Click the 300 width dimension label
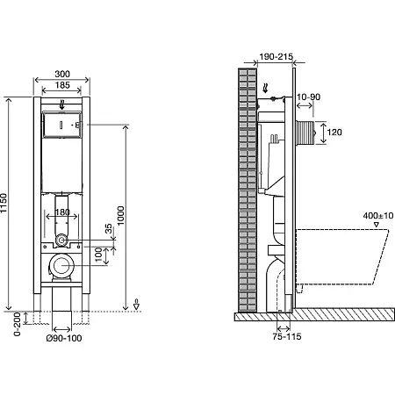tap(62, 74)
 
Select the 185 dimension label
tap(62, 85)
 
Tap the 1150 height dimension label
tap(4, 203)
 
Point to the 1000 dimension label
tap(120, 216)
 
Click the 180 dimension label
tap(62, 212)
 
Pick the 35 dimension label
tap(109, 228)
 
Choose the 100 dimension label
tap(98, 255)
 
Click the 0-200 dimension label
tap(18, 324)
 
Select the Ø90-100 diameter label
tap(64, 338)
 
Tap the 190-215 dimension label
tap(276, 56)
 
